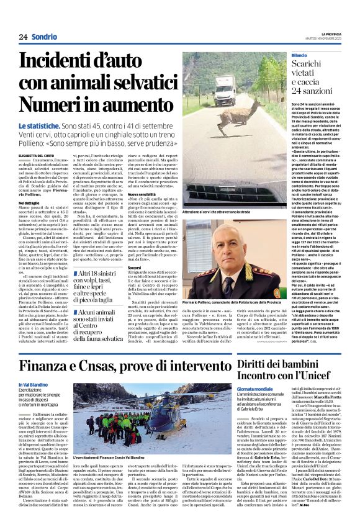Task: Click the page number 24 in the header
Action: pos(23,37)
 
